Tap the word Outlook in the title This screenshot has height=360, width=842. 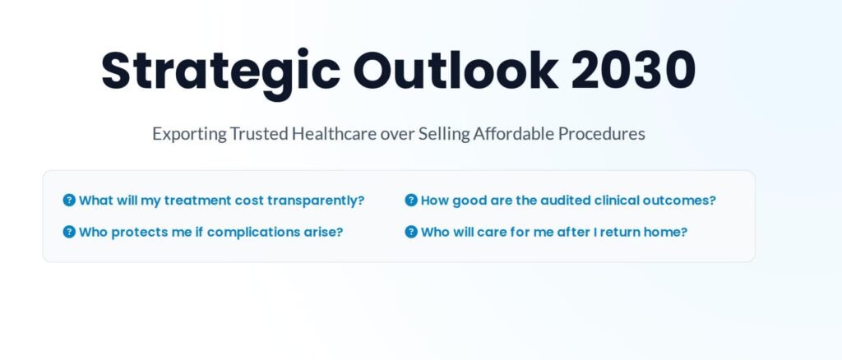[x=456, y=71]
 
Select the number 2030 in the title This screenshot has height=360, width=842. [x=634, y=71]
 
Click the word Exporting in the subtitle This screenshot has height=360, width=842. [x=190, y=134]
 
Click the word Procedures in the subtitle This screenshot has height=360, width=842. [x=601, y=134]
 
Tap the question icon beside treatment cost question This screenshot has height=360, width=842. [x=69, y=200]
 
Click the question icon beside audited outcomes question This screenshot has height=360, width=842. [x=411, y=200]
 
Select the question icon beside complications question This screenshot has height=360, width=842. [x=69, y=232]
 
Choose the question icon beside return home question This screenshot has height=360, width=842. [x=411, y=232]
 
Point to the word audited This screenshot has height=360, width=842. [x=556, y=200]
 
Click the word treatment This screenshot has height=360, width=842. [x=197, y=201]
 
